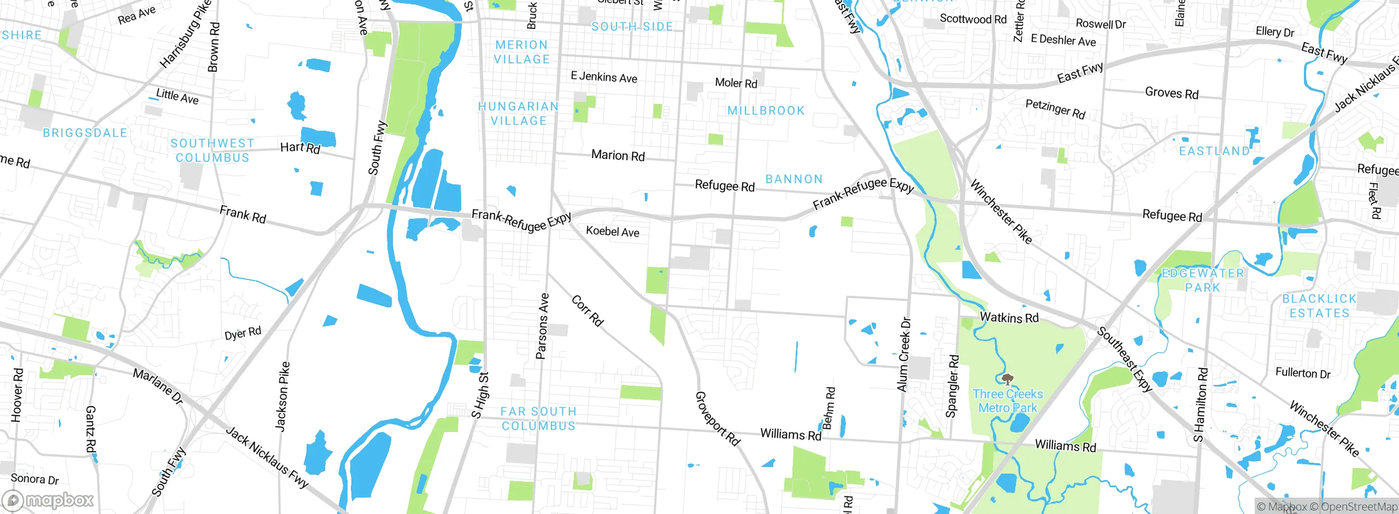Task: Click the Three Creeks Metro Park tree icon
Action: click(1008, 379)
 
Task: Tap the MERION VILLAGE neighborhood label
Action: click(522, 52)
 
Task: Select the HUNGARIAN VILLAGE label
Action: click(518, 114)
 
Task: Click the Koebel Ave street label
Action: click(613, 231)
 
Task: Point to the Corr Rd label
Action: click(587, 311)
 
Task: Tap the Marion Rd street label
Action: click(618, 155)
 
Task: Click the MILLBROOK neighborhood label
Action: click(766, 110)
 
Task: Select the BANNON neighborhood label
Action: click(794, 179)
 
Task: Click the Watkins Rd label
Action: click(1009, 318)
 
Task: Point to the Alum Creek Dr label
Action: click(904, 354)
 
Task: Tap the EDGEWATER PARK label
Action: click(1202, 281)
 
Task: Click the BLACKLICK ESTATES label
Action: click(1319, 306)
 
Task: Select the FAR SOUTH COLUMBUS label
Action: click(538, 419)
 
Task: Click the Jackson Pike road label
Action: click(282, 396)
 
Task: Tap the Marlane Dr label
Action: click(158, 386)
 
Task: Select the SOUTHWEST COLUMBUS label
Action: click(213, 150)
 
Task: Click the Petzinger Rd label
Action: click(1055, 108)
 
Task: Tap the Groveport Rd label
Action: click(717, 419)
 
